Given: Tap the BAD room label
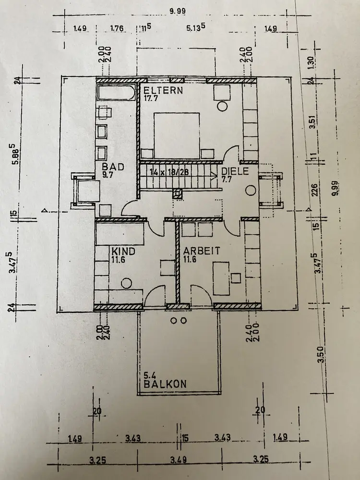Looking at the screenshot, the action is pos(113,167).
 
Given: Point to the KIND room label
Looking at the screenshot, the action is pos(123,251).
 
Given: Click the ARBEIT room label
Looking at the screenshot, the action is pos(201,251).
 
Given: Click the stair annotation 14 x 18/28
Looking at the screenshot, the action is pos(168,171).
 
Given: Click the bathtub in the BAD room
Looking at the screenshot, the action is pos(116,93).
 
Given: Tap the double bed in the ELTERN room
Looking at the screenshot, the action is pos(176,135).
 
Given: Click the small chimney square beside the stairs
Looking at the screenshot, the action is pos(178,193).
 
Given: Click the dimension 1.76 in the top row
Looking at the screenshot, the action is pos(117,28).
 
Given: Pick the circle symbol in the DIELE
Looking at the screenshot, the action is pos(250,191).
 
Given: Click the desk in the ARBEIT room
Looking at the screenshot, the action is pos(221,277).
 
